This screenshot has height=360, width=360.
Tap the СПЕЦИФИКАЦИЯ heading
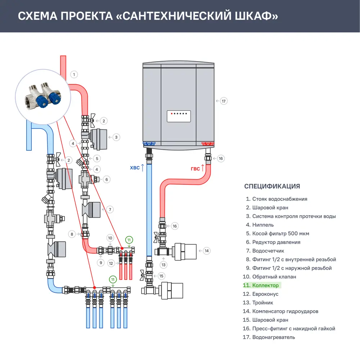tap(272, 186)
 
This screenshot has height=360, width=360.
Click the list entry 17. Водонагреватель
tap(269, 337)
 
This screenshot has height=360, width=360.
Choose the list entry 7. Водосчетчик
tap(265, 251)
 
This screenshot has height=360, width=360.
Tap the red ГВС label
tap(195, 169)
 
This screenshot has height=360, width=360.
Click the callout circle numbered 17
tap(224, 101)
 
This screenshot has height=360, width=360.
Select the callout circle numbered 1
tap(74, 75)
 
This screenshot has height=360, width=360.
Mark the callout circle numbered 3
tap(116, 137)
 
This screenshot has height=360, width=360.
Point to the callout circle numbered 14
tap(206, 251)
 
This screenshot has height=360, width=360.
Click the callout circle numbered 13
tap(164, 265)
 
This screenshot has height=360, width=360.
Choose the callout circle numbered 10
tap(111, 238)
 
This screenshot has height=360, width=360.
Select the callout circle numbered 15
tap(161, 276)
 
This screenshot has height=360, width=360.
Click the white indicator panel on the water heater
tap(179, 116)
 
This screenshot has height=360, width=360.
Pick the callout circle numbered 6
tap(107, 179)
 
